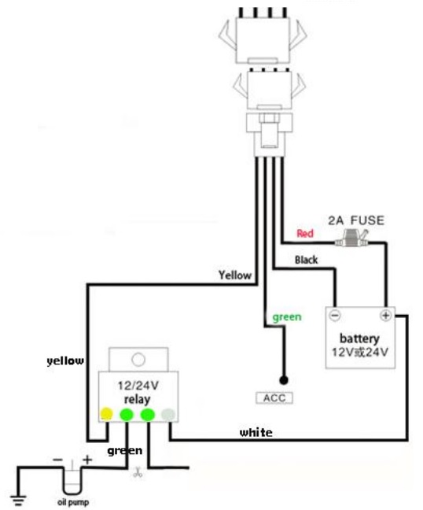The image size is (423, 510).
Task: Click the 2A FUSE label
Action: point(356,220)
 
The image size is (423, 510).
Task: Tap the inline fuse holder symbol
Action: point(352,238)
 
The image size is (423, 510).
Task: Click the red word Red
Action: point(305,233)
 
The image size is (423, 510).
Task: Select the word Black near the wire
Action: point(306,260)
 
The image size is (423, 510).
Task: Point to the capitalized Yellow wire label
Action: point(235,275)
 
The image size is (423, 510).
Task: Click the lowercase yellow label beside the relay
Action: point(65,360)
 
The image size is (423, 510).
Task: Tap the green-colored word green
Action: point(287,317)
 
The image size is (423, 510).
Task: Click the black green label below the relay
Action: point(125,451)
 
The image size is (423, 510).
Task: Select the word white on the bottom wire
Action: point(256,433)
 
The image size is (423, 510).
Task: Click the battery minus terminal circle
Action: point(335,316)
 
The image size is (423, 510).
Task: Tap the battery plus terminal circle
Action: point(385,316)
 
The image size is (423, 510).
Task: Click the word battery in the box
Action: point(359,338)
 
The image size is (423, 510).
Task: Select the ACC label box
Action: point(274,397)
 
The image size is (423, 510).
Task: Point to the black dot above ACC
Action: point(284,380)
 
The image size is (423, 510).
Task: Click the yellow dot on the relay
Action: point(107,414)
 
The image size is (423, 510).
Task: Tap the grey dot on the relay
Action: point(168,414)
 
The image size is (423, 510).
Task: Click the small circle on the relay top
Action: point(138,360)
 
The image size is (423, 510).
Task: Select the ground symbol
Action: point(18,500)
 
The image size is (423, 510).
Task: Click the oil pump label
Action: point(73,502)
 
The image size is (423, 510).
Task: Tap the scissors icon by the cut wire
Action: point(138,472)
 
